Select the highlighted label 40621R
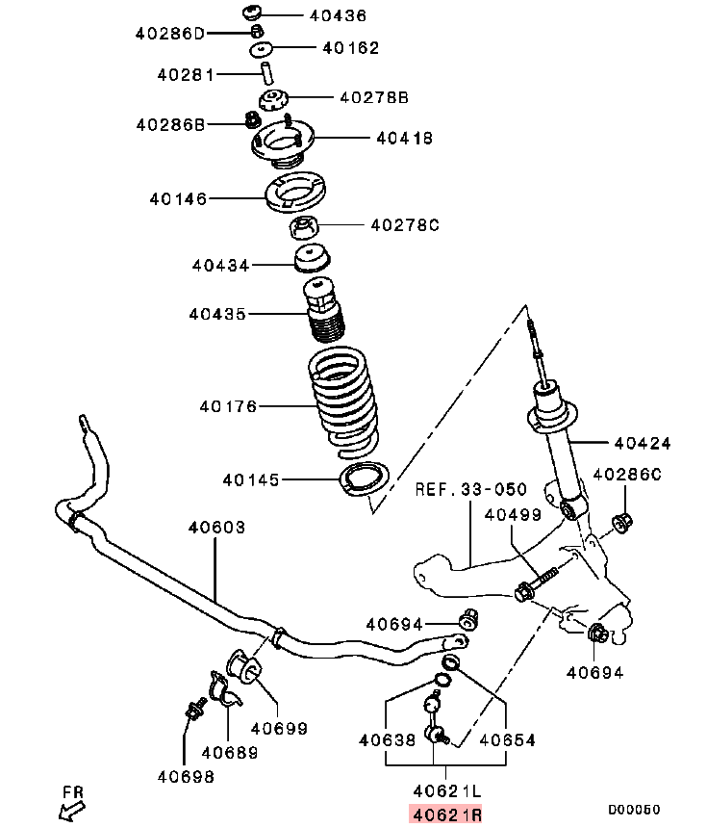[x=445, y=815]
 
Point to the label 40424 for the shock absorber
[x=643, y=444]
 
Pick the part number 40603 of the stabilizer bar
[x=216, y=527]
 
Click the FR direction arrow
[x=70, y=808]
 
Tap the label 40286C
[x=627, y=474]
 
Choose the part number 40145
[x=251, y=479]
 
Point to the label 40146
[x=178, y=198]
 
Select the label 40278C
[x=404, y=225]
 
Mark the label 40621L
[x=445, y=791]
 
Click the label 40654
[x=507, y=740]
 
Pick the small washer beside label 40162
[x=259, y=48]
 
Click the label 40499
[x=513, y=515]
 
